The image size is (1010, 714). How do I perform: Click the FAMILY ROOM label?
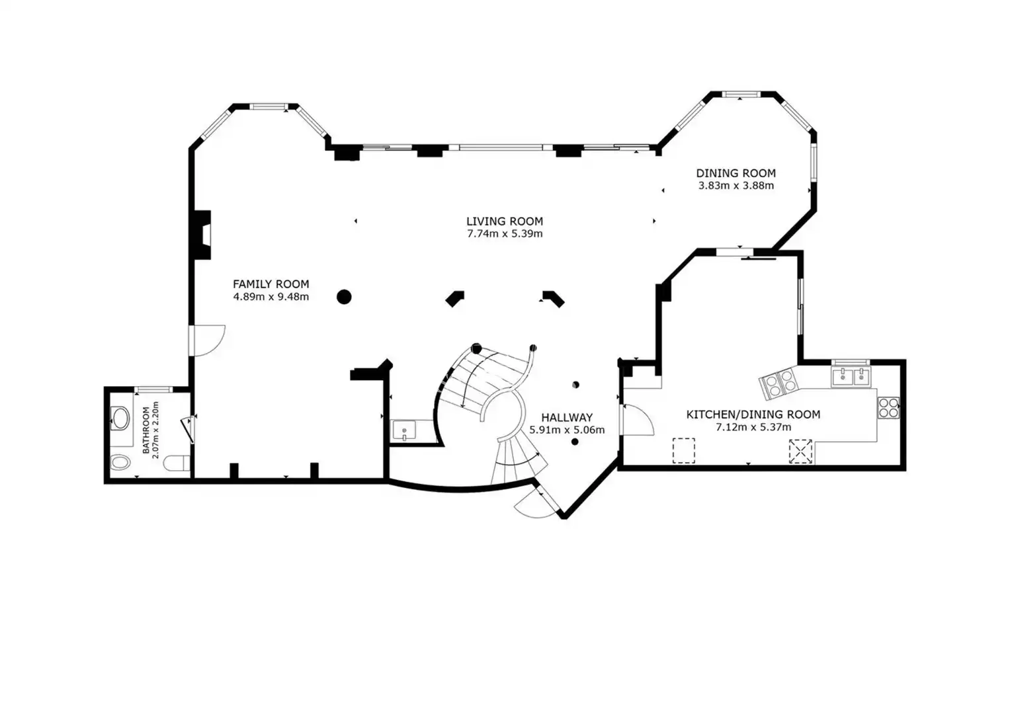click(271, 284)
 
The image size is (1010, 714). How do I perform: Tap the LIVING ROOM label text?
click(505, 221)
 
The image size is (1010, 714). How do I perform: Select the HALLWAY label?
click(567, 417)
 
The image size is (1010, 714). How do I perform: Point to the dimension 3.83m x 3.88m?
click(736, 185)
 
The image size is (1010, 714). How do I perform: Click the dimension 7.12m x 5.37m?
click(753, 427)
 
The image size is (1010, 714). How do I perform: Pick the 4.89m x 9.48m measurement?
click(271, 297)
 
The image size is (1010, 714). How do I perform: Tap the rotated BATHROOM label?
click(146, 430)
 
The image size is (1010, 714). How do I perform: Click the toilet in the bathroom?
click(177, 463)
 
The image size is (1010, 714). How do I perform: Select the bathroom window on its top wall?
click(153, 389)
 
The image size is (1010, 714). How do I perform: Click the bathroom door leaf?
click(188, 430)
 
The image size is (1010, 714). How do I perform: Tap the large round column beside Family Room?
click(344, 297)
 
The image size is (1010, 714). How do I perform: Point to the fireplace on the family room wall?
click(202, 235)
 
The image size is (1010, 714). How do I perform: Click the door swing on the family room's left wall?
click(207, 340)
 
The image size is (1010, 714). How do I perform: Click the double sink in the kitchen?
click(851, 376)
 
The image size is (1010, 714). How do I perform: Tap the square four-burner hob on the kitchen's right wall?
click(888, 407)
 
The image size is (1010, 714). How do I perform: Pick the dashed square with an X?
click(800, 451)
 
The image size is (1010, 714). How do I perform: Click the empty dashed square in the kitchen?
click(683, 450)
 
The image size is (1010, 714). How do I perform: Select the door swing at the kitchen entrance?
click(637, 420)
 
